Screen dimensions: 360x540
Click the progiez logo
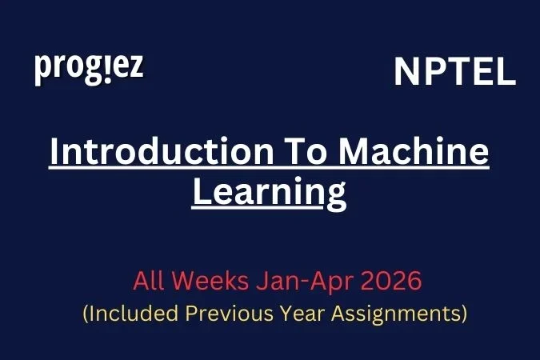click(x=89, y=69)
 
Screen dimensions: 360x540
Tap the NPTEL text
click(x=454, y=73)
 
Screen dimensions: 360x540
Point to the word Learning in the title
click(x=269, y=193)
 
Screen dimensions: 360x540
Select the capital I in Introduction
click(x=54, y=153)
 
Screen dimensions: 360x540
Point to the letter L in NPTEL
click(x=505, y=73)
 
